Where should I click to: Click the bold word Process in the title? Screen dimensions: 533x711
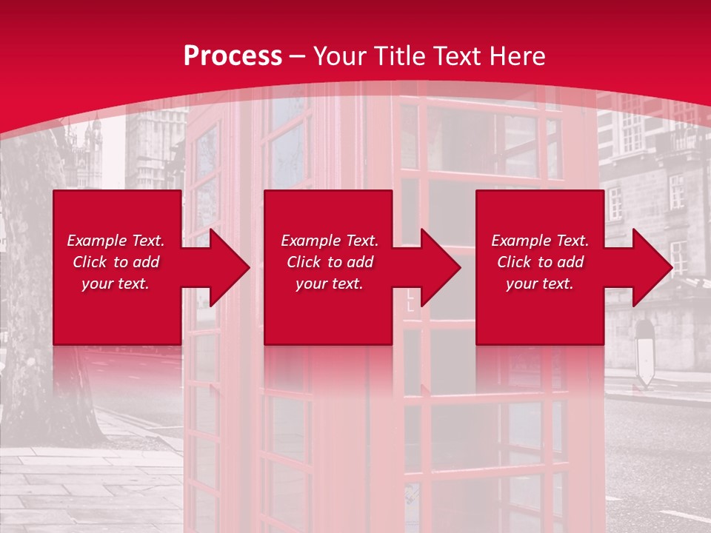[x=233, y=56]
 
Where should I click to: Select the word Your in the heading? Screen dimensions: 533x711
[x=340, y=56]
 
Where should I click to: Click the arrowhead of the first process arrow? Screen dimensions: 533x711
[x=226, y=267]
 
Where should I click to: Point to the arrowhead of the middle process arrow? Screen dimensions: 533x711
[x=437, y=267]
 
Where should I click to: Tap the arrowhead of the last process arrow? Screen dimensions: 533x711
[x=649, y=267]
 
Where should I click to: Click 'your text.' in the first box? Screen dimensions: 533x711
[x=116, y=284]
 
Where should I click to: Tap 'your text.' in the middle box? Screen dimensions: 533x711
[x=330, y=284]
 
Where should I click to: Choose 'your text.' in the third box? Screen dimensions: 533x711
[x=540, y=284]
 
